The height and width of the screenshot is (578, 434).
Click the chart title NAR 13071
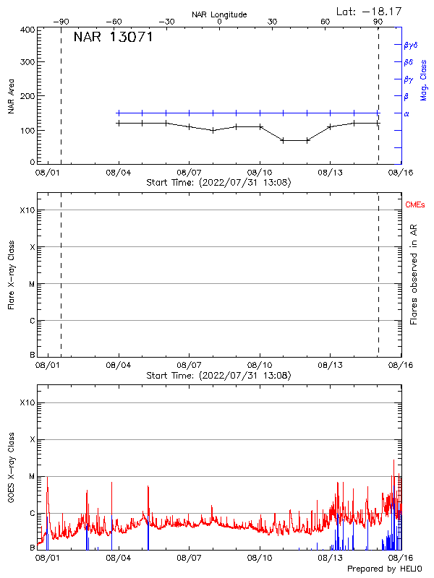point(113,38)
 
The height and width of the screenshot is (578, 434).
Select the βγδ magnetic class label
point(411,45)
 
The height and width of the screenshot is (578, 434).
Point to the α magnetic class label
point(407,113)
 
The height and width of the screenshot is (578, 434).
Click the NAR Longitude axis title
point(219,14)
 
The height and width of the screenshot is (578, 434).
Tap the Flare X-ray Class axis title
point(12,274)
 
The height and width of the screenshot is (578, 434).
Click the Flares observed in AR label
point(414,274)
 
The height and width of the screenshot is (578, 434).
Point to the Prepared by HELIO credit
point(386,569)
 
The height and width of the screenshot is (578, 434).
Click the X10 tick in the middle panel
point(27,210)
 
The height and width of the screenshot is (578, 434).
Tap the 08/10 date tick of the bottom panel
point(260,558)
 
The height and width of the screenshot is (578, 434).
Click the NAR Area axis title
point(12,97)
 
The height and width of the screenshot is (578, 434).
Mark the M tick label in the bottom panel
point(31,477)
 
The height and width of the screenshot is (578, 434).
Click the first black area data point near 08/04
point(119,123)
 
